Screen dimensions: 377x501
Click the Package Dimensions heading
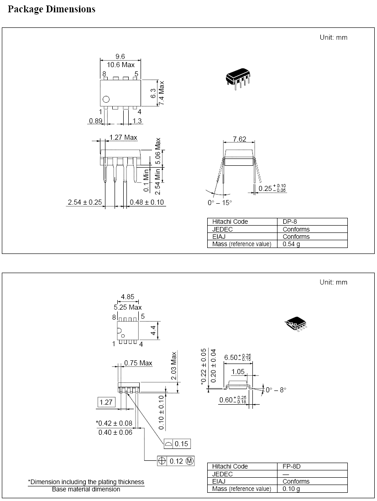pos(52,9)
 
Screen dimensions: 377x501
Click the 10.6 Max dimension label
pos(120,65)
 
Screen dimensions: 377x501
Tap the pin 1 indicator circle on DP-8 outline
pos(106,100)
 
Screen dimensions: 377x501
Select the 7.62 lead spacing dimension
pos(240,139)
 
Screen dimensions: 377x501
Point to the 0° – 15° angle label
pos(220,203)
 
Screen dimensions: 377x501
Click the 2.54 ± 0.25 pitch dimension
pos(85,202)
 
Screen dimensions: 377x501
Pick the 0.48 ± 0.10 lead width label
pos(147,202)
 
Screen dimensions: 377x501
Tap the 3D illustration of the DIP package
pos(237,79)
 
